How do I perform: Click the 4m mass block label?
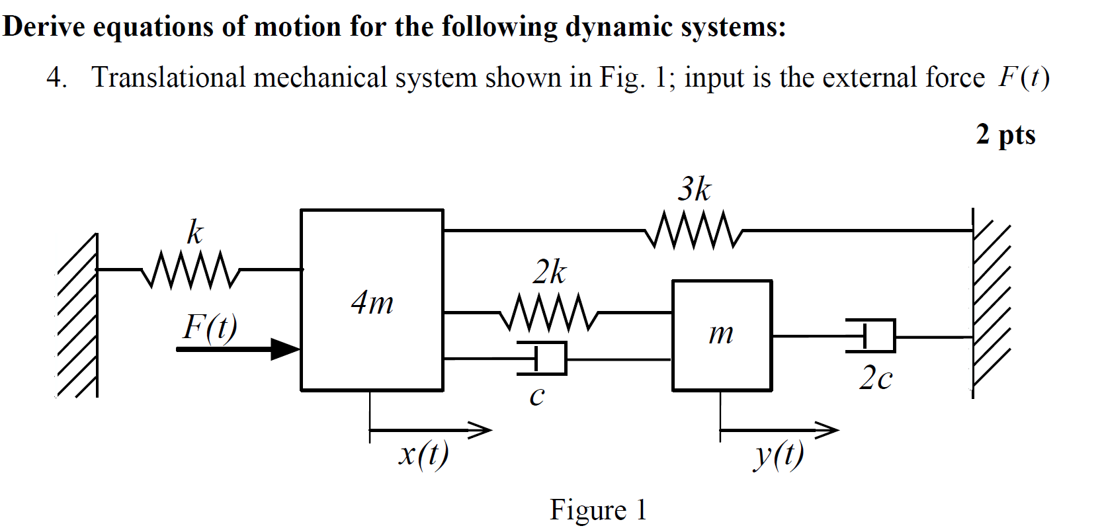[x=372, y=303]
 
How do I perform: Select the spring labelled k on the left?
[x=190, y=269]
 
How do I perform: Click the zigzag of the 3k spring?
[x=693, y=230]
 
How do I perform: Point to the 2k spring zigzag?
[x=548, y=312]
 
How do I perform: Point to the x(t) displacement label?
[x=423, y=454]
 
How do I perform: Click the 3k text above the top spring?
[x=694, y=190]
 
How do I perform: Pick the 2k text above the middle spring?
[x=550, y=272]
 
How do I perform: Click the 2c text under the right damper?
[x=876, y=378]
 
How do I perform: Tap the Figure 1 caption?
[x=598, y=509]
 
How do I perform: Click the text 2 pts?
[x=1005, y=134]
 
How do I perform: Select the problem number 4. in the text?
[x=57, y=78]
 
